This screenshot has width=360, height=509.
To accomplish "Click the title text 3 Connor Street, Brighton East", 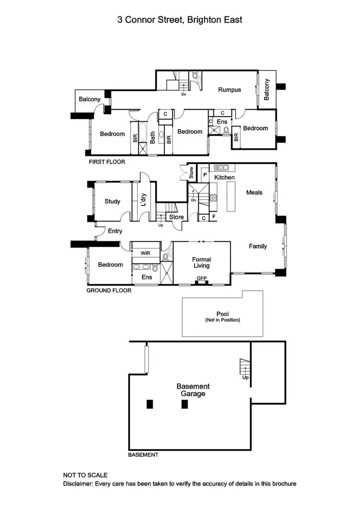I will (x=180, y=20).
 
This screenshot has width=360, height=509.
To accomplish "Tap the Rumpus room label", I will (x=229, y=90).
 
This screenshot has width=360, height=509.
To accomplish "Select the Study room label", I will (x=112, y=201).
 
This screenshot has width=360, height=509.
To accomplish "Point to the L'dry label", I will (x=143, y=202).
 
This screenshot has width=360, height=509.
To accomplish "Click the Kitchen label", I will (x=224, y=178).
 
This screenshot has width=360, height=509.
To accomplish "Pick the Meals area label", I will (x=254, y=192).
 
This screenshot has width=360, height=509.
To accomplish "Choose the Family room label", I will (x=258, y=246).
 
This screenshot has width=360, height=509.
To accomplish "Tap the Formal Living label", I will (x=202, y=262).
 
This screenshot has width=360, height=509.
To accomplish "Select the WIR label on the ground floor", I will (x=145, y=252).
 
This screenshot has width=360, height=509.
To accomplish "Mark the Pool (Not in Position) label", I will (x=222, y=317).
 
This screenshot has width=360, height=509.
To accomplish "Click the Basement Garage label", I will (x=193, y=390).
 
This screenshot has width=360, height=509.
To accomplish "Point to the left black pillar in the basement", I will (x=150, y=404).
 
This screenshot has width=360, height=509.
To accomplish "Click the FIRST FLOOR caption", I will (x=107, y=162).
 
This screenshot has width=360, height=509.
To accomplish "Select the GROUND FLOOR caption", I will (x=108, y=290).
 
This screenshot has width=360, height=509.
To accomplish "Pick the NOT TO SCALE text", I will (x=85, y=475).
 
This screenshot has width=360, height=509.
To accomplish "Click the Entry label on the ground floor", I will (x=115, y=231).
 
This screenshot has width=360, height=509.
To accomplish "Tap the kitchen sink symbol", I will (x=221, y=168).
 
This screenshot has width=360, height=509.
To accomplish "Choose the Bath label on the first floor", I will (x=153, y=138).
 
